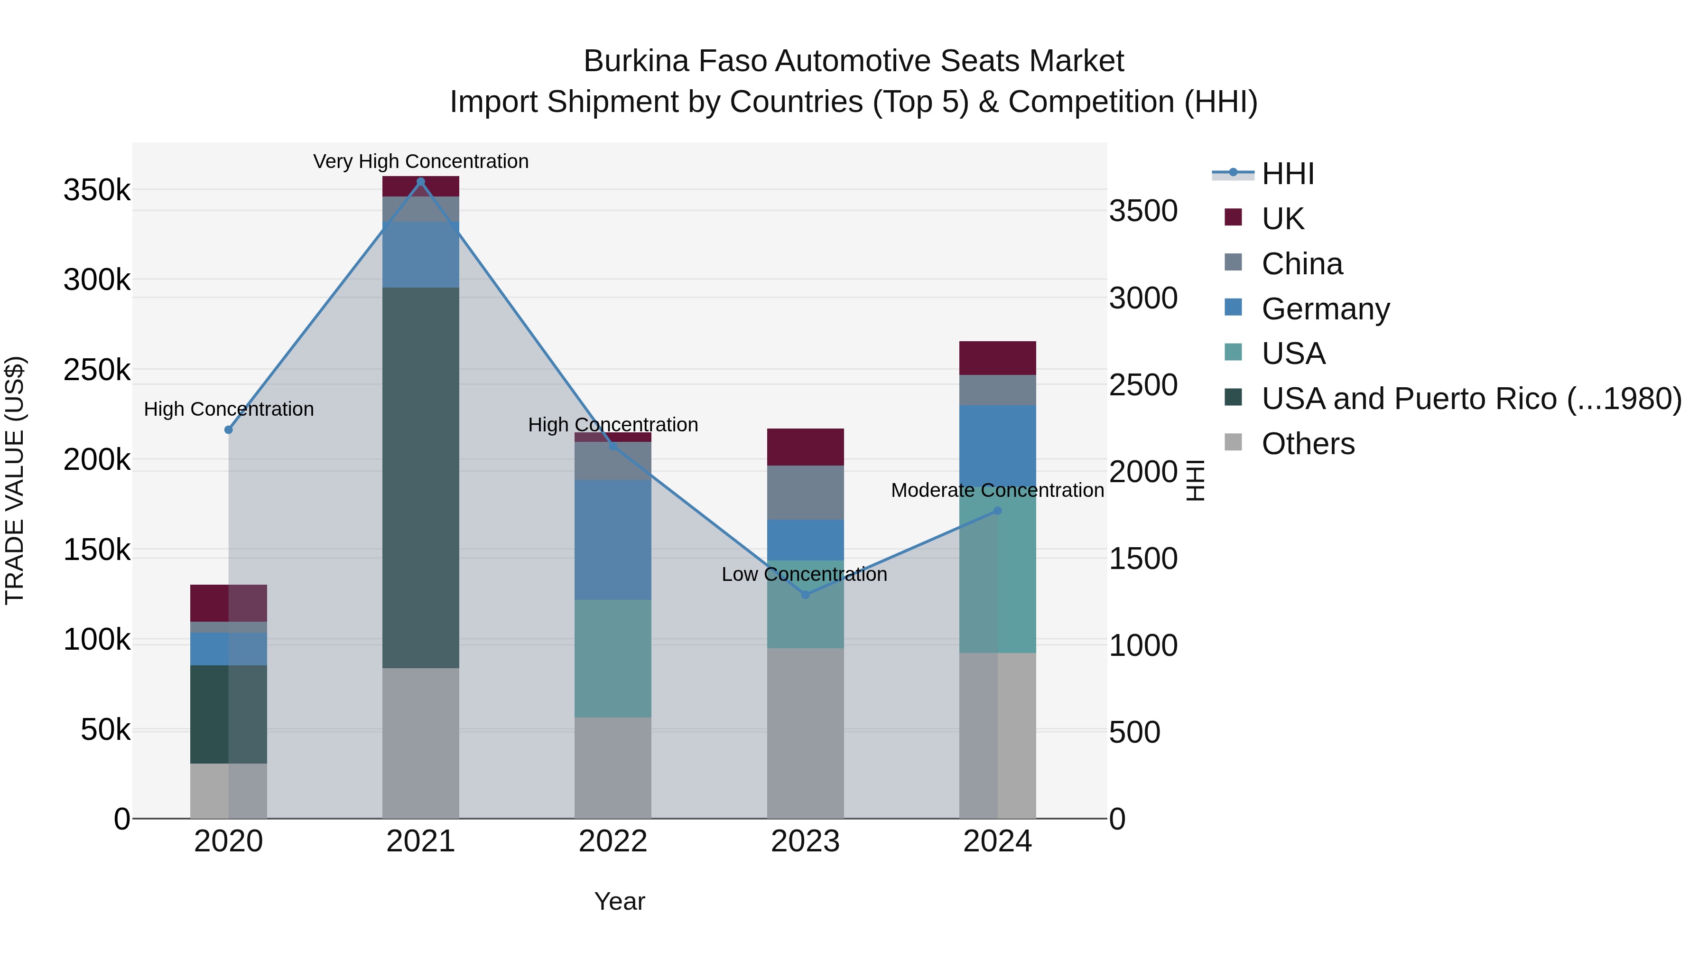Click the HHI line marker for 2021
[420, 182]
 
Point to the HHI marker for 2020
[229, 430]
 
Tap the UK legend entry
[1282, 219]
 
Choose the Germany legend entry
[1325, 309]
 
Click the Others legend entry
[1308, 444]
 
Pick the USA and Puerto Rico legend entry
[1471, 399]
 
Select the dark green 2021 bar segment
[420, 477]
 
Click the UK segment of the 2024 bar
[997, 358]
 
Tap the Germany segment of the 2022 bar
[613, 540]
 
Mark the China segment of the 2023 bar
[805, 492]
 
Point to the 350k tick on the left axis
[97, 191]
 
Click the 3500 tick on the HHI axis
[1143, 212]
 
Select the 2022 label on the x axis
[613, 841]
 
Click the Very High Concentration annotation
[420, 162]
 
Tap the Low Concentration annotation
[804, 574]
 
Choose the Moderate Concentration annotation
[997, 491]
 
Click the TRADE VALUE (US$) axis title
[15, 480]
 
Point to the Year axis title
[619, 901]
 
